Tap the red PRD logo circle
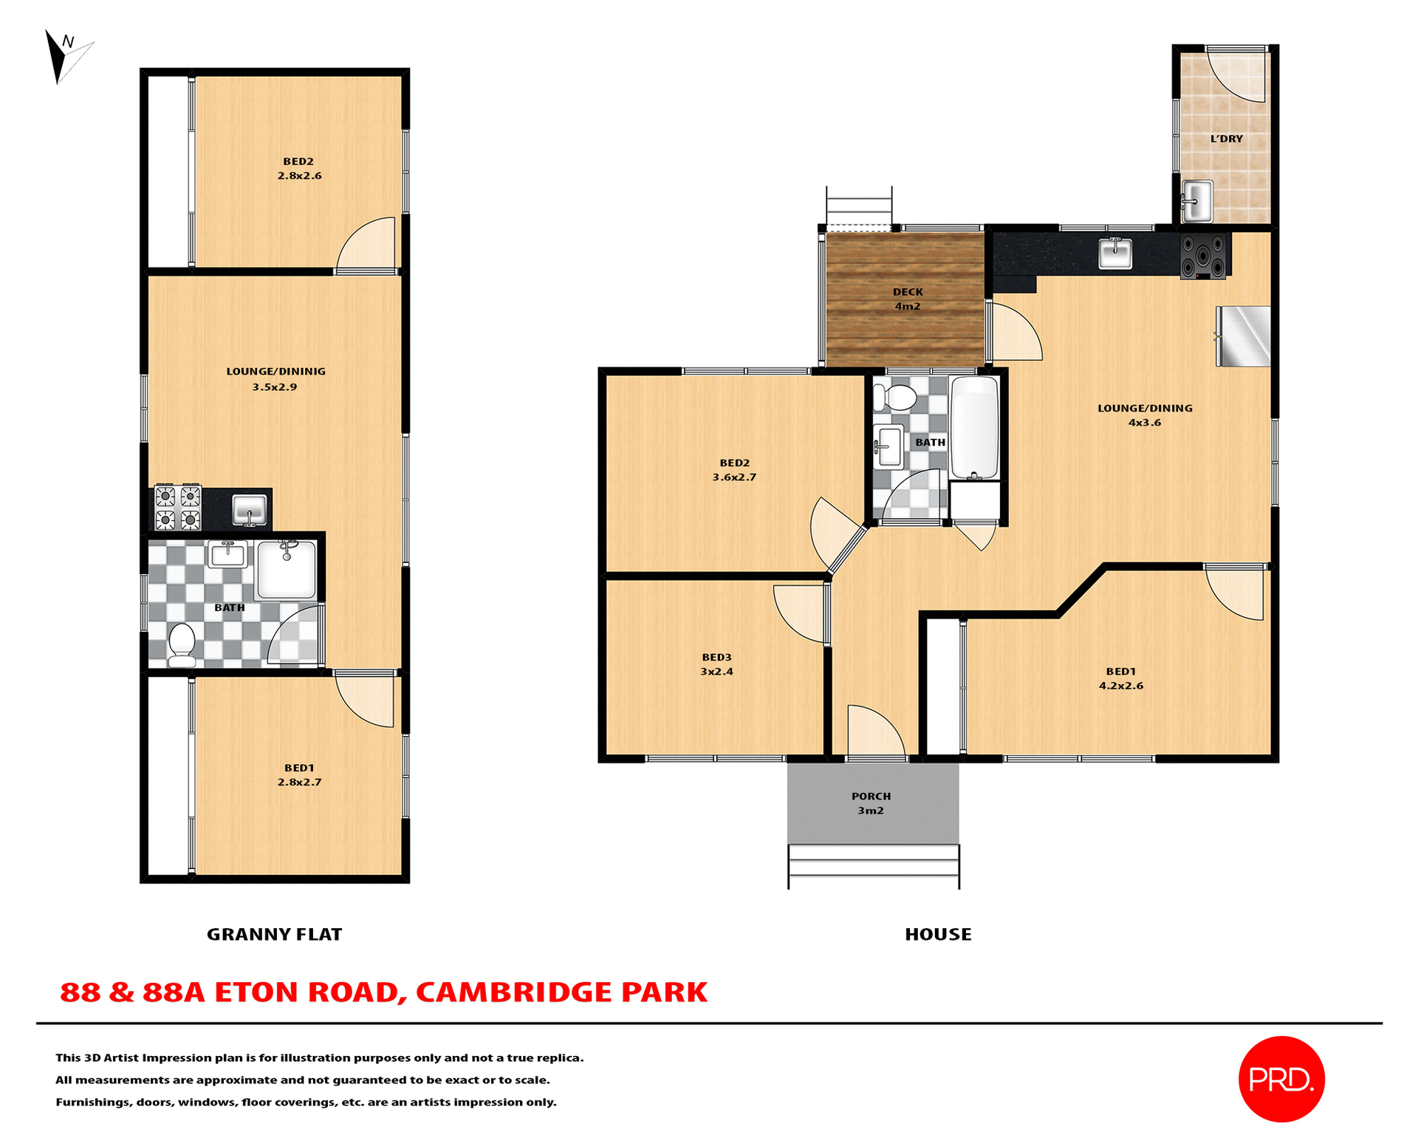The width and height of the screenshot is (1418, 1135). pyautogui.click(x=1281, y=1079)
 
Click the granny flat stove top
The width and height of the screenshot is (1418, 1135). pyautogui.click(x=178, y=508)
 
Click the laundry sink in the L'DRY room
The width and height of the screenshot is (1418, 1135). pyautogui.click(x=1196, y=200)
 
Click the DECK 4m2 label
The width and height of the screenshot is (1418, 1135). pyautogui.click(x=907, y=299)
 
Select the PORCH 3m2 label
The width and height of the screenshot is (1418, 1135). pyautogui.click(x=871, y=803)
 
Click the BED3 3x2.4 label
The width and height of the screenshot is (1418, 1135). pyautogui.click(x=716, y=664)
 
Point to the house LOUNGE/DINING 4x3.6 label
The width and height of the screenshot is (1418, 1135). pyautogui.click(x=1144, y=415)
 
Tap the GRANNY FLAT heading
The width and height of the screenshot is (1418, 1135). pyautogui.click(x=274, y=935)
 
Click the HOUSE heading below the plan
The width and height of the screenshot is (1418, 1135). pyautogui.click(x=938, y=935)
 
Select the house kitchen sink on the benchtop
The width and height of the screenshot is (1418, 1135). pyautogui.click(x=1115, y=253)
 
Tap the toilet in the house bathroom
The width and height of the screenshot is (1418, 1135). pyautogui.click(x=895, y=398)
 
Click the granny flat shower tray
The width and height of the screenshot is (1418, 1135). pyautogui.click(x=287, y=570)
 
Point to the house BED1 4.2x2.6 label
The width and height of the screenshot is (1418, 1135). pyautogui.click(x=1120, y=678)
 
